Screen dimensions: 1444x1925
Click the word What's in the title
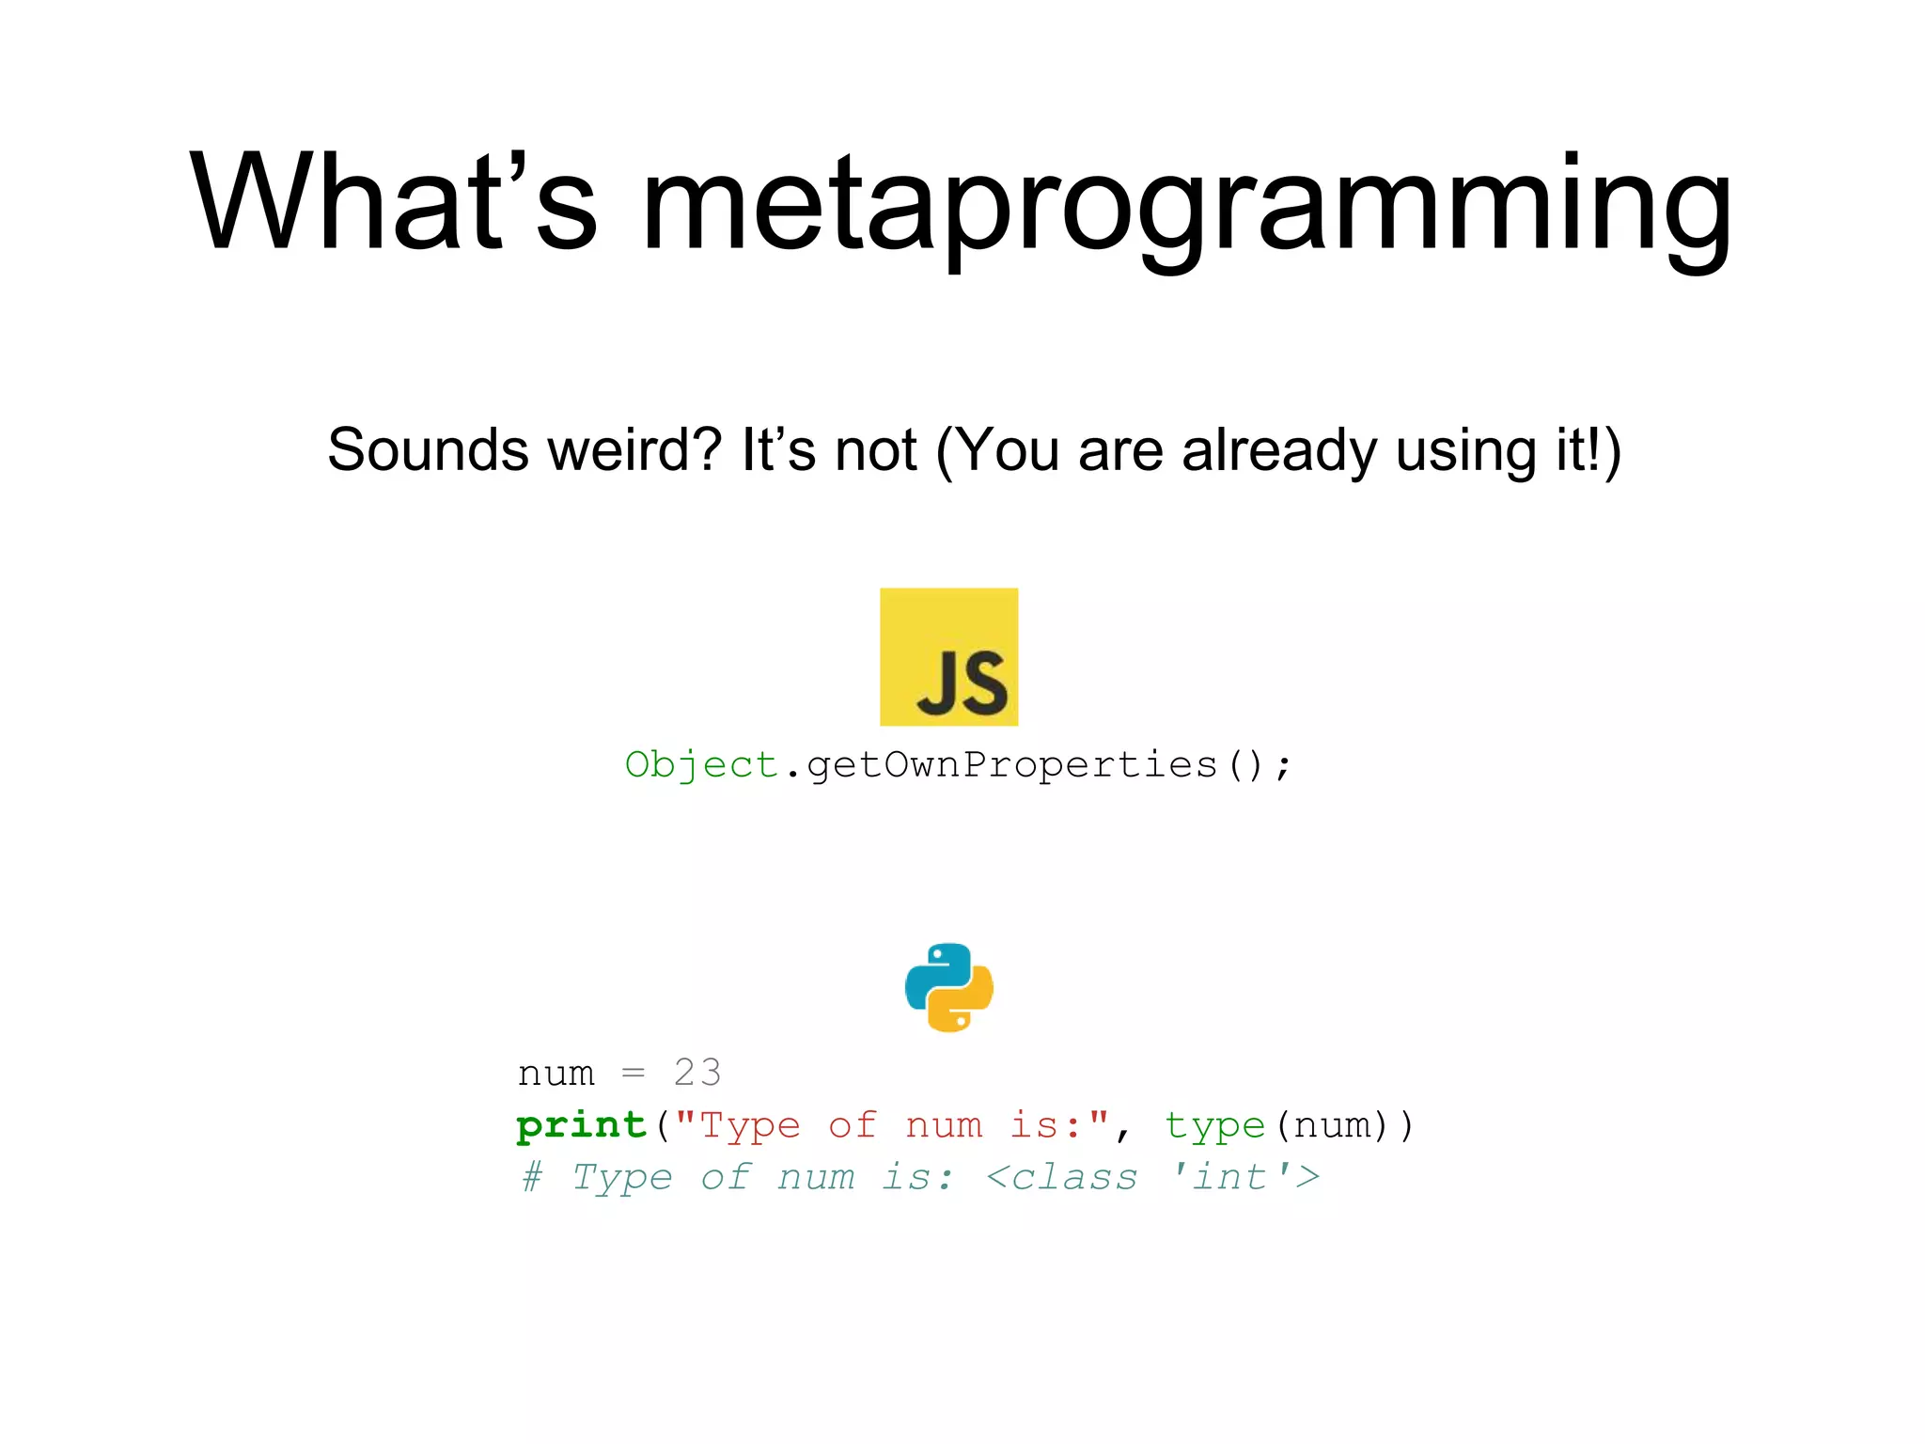[x=393, y=202]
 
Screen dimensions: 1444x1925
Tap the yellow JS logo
[x=948, y=656]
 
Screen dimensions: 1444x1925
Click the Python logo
[x=948, y=987]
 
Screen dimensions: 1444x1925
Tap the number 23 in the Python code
[x=697, y=1073]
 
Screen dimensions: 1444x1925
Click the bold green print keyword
[x=582, y=1125]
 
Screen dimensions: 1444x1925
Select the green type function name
[x=1214, y=1126]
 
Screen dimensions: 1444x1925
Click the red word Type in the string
[x=750, y=1125]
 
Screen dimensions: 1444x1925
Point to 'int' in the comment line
[x=1230, y=1177]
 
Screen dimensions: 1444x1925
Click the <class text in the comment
[x=1062, y=1177]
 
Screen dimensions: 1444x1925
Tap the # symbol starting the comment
[x=532, y=1177]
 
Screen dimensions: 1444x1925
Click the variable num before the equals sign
[x=556, y=1074]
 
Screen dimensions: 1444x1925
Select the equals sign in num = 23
[x=634, y=1074]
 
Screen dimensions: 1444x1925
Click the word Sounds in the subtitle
[x=428, y=450]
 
